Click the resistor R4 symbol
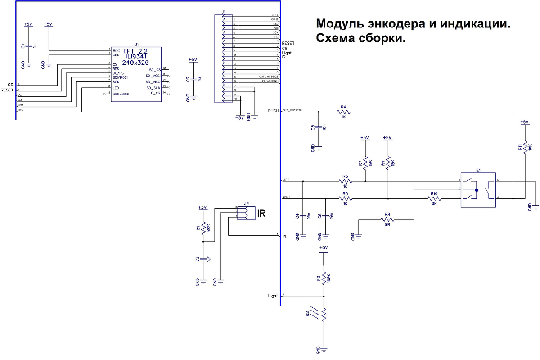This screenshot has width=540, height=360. coord(343,111)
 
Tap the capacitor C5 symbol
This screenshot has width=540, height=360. coord(319,127)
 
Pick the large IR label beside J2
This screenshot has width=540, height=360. coord(261,213)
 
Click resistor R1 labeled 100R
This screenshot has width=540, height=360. coord(203,229)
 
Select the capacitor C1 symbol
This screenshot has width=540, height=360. coord(29,46)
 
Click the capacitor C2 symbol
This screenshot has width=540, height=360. coord(193,79)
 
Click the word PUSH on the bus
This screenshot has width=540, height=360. coord(273,111)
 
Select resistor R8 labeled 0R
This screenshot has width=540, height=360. coord(387,220)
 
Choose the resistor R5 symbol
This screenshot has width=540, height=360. coord(345,182)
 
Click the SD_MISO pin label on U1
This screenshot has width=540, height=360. coord(153,82)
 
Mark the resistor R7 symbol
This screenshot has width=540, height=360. coord(365,163)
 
